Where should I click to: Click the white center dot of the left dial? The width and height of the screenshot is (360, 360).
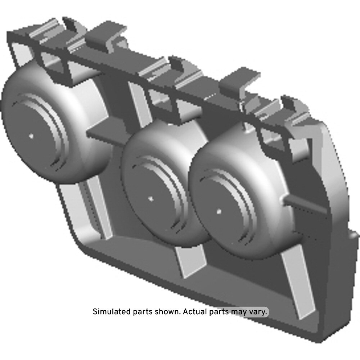[31, 136]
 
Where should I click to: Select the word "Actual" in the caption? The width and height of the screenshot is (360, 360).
[195, 312]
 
